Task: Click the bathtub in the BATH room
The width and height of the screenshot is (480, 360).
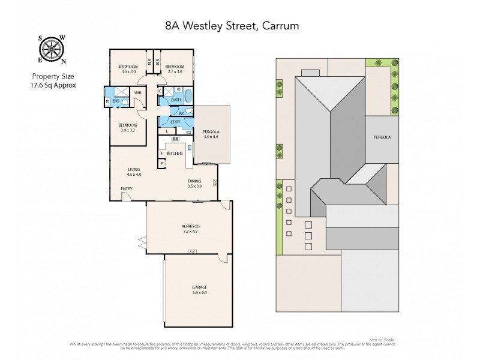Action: click(189, 96)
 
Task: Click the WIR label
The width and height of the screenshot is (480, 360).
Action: click(138, 93)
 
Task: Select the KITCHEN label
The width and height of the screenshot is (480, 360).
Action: click(175, 154)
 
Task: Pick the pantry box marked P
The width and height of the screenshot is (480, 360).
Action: click(162, 163)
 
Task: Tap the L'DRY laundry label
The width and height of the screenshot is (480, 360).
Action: click(175, 122)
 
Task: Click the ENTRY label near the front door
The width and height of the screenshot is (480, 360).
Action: click(126, 190)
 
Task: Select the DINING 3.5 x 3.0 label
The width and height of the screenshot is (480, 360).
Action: click(194, 183)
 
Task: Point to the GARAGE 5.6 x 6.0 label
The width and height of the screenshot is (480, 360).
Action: click(191, 289)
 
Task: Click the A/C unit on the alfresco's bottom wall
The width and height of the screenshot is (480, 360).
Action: click(192, 251)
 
